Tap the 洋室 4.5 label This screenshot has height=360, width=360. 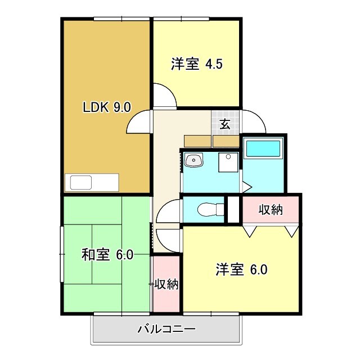[x=197, y=64]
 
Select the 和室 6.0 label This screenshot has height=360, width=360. [x=107, y=255]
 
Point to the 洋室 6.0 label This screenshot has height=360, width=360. [x=241, y=269]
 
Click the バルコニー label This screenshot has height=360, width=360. [x=166, y=329]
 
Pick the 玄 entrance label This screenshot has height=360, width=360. [x=225, y=124]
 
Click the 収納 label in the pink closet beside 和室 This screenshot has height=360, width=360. [x=166, y=285]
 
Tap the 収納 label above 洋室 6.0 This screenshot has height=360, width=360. [x=271, y=210]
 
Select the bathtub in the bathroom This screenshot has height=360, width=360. [x=263, y=149]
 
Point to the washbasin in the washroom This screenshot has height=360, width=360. [x=194, y=161]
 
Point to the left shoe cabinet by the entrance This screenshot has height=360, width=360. [x=197, y=141]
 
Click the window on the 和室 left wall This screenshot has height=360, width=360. [x=62, y=254]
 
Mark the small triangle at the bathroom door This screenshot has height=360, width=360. [x=246, y=186]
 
